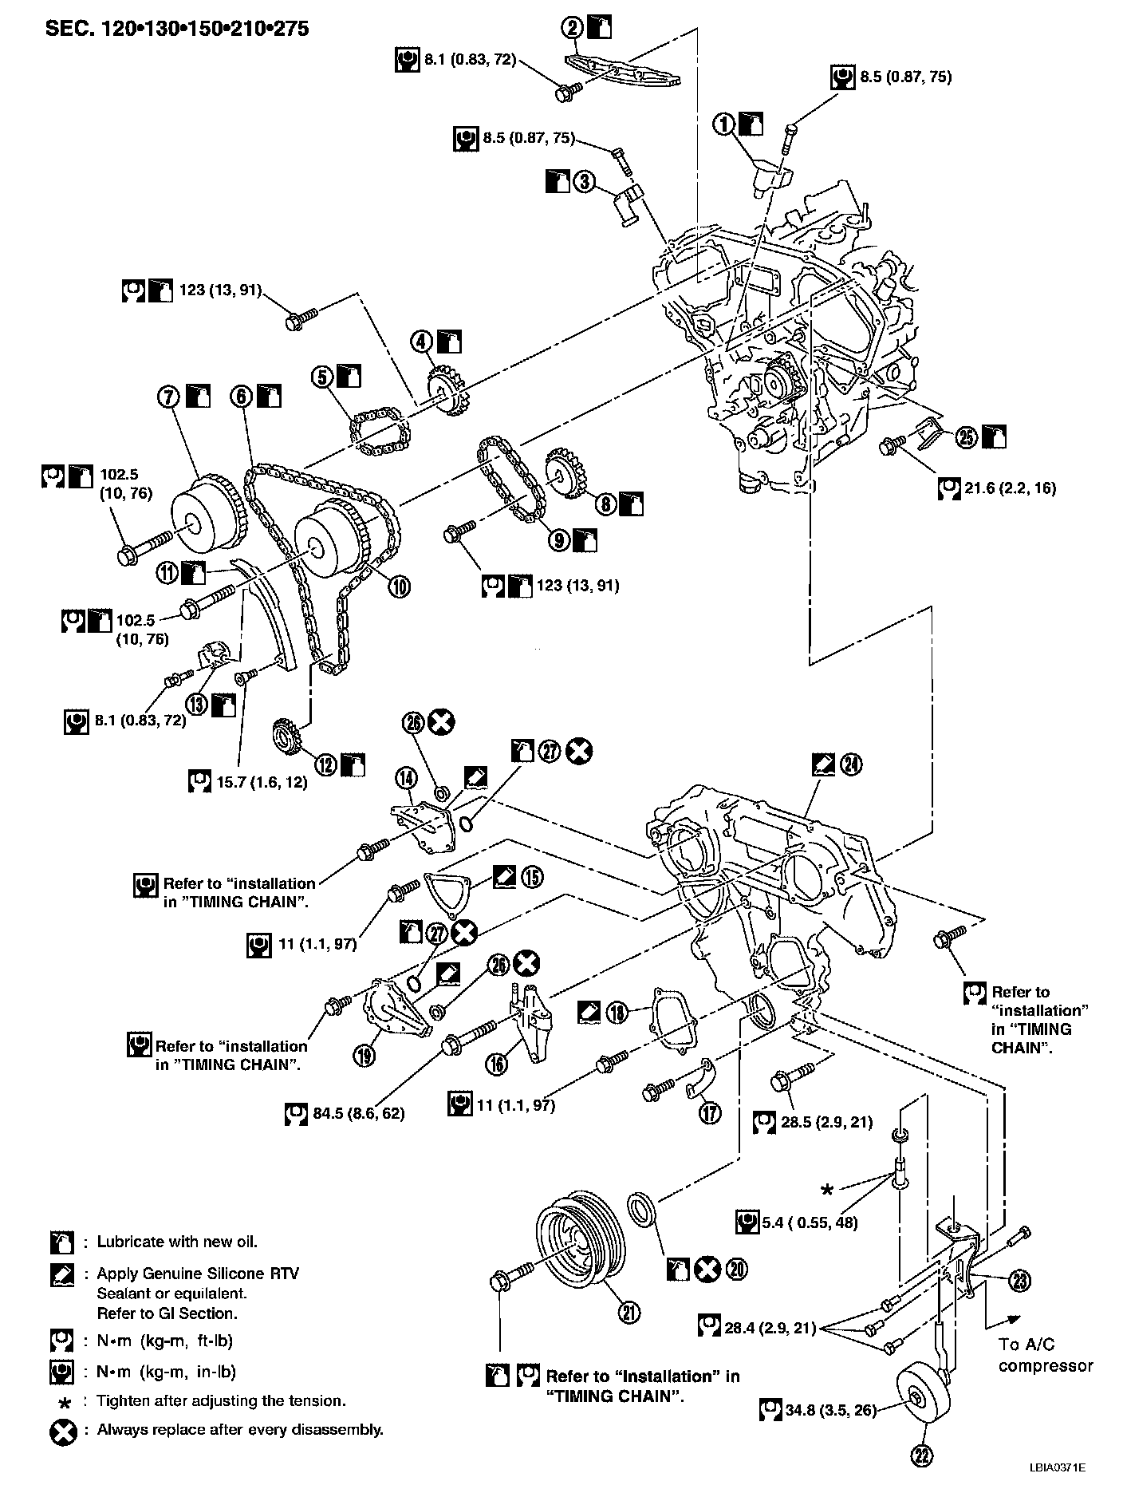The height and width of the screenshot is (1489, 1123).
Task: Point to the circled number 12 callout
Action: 326,764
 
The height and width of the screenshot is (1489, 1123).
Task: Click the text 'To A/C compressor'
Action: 1045,1354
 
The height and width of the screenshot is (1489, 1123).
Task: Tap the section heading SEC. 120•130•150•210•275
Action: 177,30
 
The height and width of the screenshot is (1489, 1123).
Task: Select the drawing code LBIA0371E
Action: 1057,1467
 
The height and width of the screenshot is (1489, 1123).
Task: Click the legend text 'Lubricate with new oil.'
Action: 177,1242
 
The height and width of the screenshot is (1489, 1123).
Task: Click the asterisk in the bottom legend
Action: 62,1401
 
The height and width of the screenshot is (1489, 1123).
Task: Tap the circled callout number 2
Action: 573,29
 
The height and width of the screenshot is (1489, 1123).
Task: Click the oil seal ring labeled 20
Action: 641,1208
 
